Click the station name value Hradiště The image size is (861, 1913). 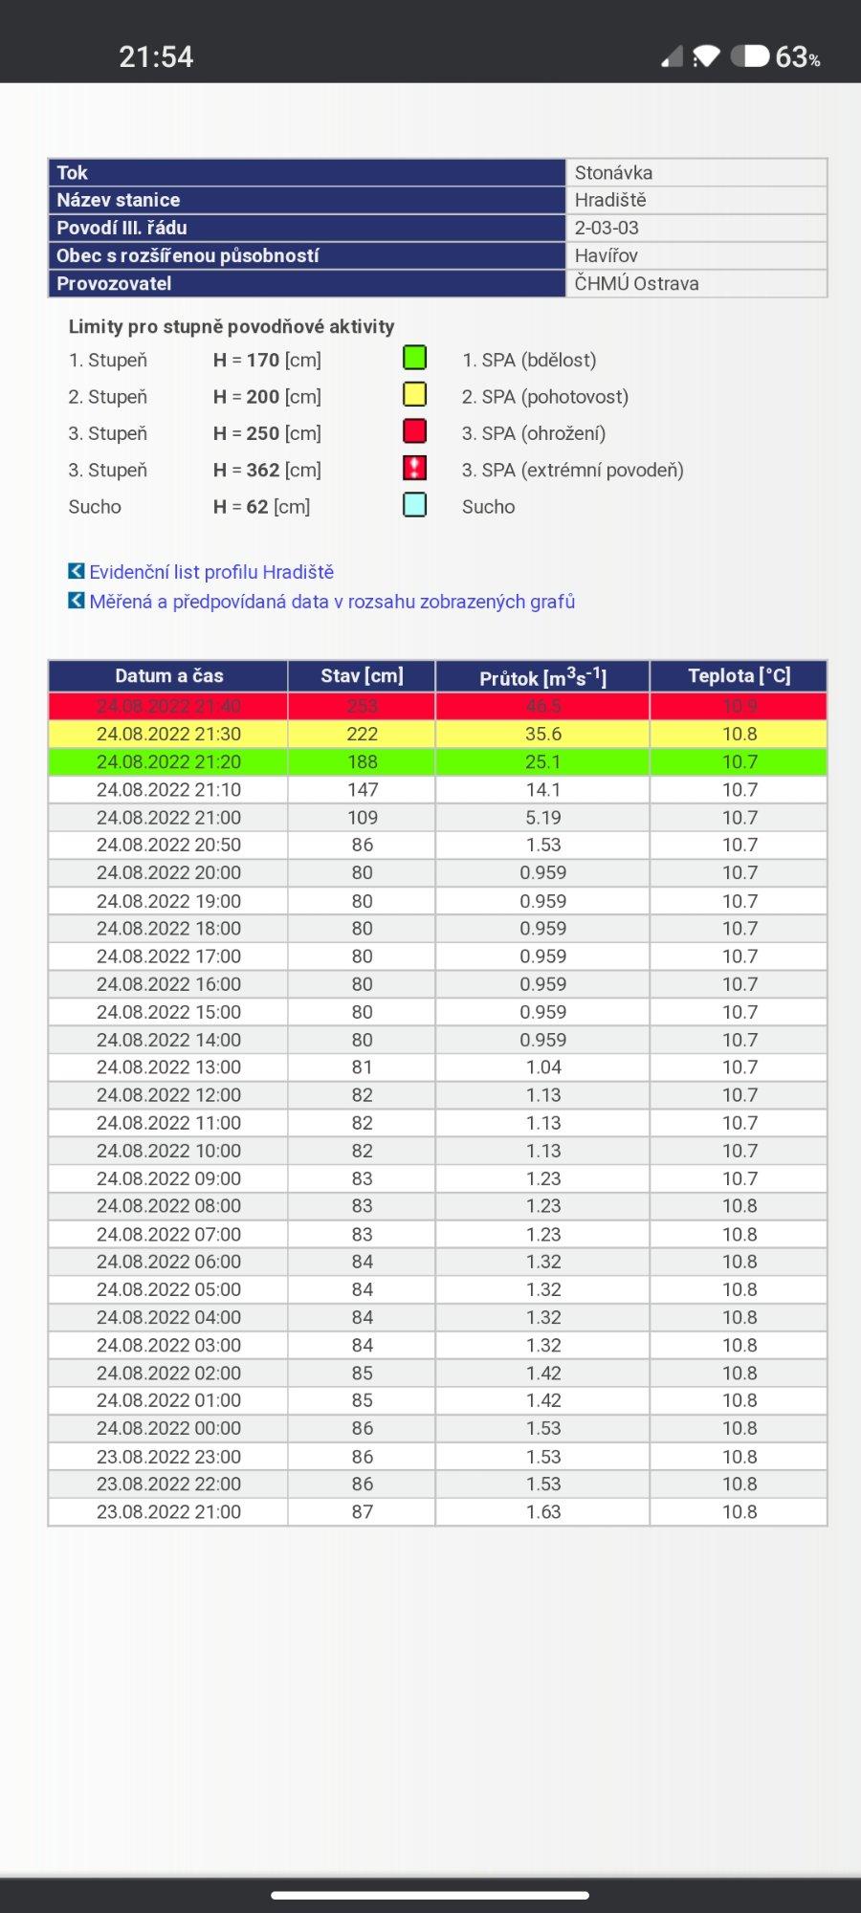[x=610, y=200]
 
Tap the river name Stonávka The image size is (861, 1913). [x=613, y=172]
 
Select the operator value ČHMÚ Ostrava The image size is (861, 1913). [x=636, y=283]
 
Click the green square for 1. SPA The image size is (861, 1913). [x=414, y=358]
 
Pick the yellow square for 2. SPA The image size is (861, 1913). [x=414, y=394]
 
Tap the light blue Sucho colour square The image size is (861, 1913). [x=414, y=505]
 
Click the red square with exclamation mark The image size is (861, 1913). [x=414, y=468]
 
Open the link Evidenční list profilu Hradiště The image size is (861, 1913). [x=211, y=572]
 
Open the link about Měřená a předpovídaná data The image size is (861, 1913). [x=332, y=602]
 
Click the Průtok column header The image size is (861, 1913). [x=542, y=676]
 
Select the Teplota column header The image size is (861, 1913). [x=739, y=675]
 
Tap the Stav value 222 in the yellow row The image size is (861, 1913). [x=362, y=734]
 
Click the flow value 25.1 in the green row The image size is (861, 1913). [x=542, y=761]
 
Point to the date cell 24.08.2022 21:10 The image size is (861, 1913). [x=168, y=789]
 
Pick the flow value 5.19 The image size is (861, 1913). [x=542, y=818]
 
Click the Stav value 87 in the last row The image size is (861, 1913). [x=362, y=1511]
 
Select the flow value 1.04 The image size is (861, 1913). [x=542, y=1066]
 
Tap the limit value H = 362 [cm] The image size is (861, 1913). [x=267, y=470]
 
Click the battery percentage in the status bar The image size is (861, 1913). [x=797, y=57]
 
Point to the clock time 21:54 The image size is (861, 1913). [x=156, y=57]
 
